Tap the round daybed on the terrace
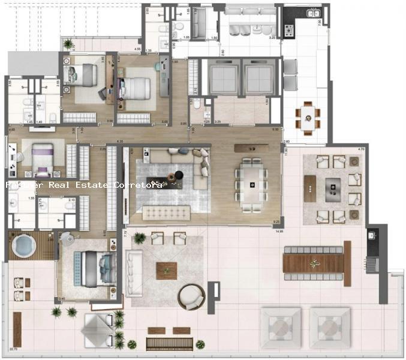pos(191,296)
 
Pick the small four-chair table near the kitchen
pos(307,115)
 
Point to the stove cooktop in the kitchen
pos(288,28)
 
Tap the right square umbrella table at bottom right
pos(329,326)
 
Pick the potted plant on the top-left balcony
pos(68,43)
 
